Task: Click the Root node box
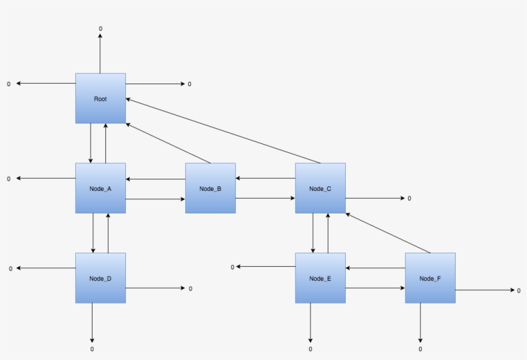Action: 100,98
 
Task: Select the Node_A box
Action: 100,188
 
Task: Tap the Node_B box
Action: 210,188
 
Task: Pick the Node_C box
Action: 320,188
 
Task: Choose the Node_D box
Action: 100,278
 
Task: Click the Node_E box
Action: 320,278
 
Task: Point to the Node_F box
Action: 430,278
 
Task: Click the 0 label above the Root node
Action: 100,29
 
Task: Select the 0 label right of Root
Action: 190,84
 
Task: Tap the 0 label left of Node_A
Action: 9,179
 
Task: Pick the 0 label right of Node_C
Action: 409,199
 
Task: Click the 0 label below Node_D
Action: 92,349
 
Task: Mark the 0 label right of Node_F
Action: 519,291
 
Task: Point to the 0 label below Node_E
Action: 310,349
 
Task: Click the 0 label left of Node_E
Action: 232,267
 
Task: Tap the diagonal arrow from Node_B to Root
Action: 168,143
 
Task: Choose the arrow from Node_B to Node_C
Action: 265,199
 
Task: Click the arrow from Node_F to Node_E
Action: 375,267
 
